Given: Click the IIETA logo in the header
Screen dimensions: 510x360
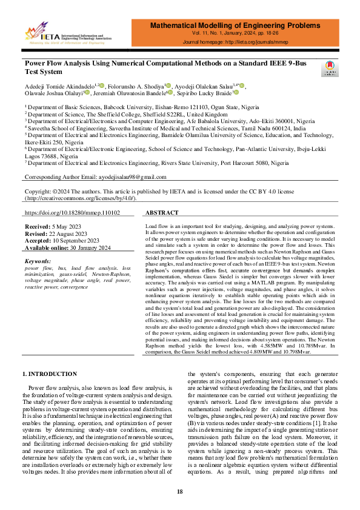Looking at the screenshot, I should (60, 35).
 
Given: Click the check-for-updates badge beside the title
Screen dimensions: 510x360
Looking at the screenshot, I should (330, 69).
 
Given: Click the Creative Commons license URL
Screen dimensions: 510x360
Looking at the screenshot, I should (80, 198).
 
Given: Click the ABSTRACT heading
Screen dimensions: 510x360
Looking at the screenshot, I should (162, 213).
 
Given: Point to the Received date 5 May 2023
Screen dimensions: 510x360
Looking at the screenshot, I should (66, 226).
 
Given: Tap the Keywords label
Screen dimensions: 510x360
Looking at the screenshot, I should (38, 261).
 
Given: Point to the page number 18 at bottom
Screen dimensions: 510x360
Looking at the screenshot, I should (180, 491).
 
